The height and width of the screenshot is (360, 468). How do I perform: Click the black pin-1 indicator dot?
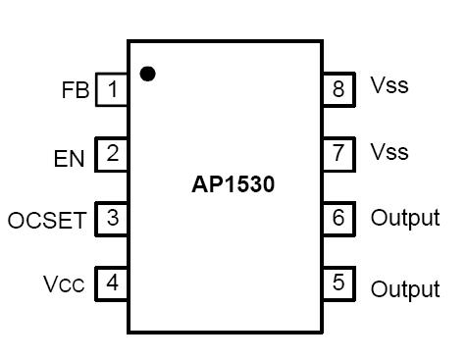click(148, 73)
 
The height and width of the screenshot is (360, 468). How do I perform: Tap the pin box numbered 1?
click(112, 90)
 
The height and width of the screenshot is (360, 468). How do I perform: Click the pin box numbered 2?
click(112, 154)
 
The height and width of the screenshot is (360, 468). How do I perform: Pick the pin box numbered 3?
click(112, 219)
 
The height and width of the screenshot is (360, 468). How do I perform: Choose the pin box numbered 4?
click(112, 283)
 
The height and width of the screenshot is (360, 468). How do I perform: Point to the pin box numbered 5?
click(338, 283)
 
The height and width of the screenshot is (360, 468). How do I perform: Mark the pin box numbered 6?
click(338, 218)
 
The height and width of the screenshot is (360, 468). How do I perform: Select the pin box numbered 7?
click(338, 153)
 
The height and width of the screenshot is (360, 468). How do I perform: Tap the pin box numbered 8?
click(338, 89)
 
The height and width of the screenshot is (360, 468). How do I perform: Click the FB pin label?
click(75, 91)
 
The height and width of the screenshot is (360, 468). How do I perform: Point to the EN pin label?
click(69, 156)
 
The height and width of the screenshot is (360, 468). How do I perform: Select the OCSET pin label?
click(47, 220)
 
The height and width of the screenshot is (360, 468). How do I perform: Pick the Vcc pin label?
click(65, 284)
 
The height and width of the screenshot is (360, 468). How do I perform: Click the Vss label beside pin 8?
click(390, 86)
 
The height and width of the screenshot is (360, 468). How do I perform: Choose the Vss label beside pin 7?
click(390, 152)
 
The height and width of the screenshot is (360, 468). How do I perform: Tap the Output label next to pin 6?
click(404, 218)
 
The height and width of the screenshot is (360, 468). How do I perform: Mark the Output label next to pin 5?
click(404, 289)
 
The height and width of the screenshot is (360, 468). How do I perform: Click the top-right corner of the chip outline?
click(322, 42)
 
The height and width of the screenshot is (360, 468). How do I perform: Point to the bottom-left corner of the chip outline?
click(129, 333)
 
